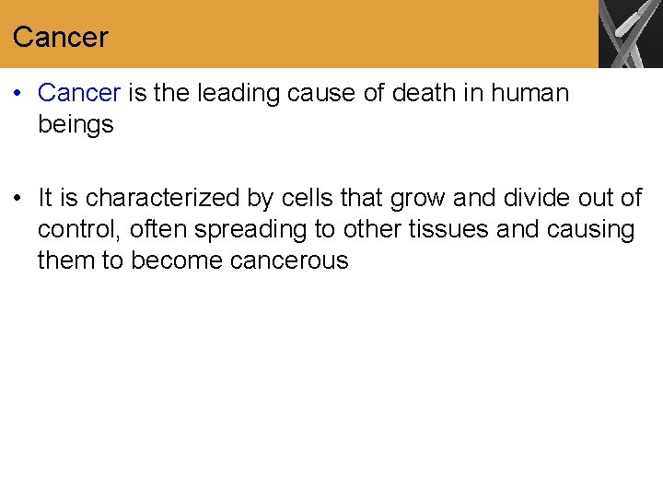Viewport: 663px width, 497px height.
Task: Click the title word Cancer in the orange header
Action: tap(60, 38)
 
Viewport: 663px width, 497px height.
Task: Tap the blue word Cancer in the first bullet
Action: tap(79, 93)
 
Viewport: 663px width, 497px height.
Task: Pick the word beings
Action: tap(76, 124)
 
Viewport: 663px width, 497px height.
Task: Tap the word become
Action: tap(177, 260)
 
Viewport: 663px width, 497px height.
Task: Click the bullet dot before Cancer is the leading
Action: tap(19, 94)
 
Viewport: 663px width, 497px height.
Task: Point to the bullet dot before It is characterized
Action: tap(19, 199)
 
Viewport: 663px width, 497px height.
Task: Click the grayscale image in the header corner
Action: tap(631, 34)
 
